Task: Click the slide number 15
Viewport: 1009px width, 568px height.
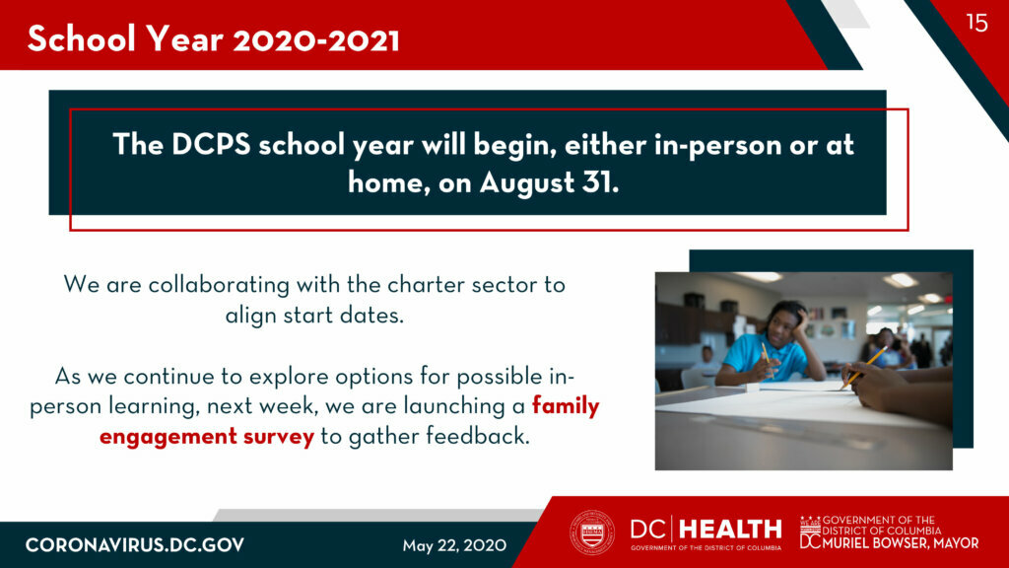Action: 976,23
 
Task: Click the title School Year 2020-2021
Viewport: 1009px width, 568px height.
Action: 214,39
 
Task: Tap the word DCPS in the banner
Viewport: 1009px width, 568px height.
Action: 211,144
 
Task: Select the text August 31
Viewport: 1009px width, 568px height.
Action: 549,182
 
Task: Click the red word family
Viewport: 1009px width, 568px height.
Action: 566,406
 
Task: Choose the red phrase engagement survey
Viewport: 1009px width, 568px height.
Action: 207,437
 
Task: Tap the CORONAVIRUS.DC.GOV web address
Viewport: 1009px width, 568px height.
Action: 135,545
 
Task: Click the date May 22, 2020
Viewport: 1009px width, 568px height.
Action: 454,545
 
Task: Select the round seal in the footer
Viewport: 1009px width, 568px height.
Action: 592,532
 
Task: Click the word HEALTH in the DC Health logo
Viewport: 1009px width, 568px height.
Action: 730,530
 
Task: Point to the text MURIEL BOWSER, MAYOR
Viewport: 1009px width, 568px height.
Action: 901,543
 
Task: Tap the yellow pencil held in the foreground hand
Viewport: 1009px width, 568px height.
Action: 863,368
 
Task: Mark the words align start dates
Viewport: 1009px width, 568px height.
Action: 314,315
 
